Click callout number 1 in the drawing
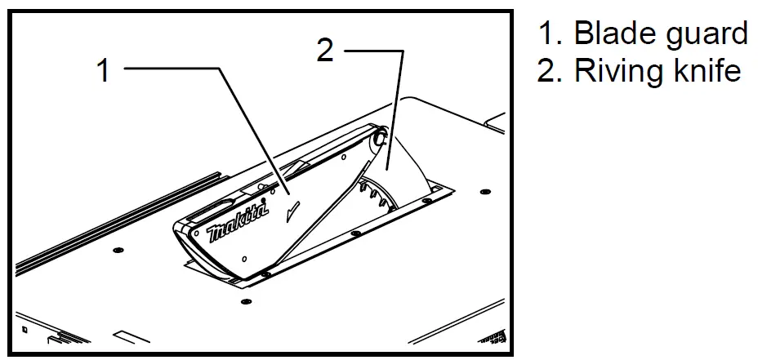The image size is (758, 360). coord(103,70)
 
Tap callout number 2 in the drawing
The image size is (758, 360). coord(325,51)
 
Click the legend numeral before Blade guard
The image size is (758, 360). coord(548,33)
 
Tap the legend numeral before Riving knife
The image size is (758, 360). coord(548,71)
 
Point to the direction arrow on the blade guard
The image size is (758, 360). coord(292,214)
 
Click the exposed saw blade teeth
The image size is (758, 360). coord(372,193)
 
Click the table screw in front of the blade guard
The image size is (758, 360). coord(246,302)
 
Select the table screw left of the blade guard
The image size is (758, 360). coord(118,248)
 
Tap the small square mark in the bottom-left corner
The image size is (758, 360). coord(25,331)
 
